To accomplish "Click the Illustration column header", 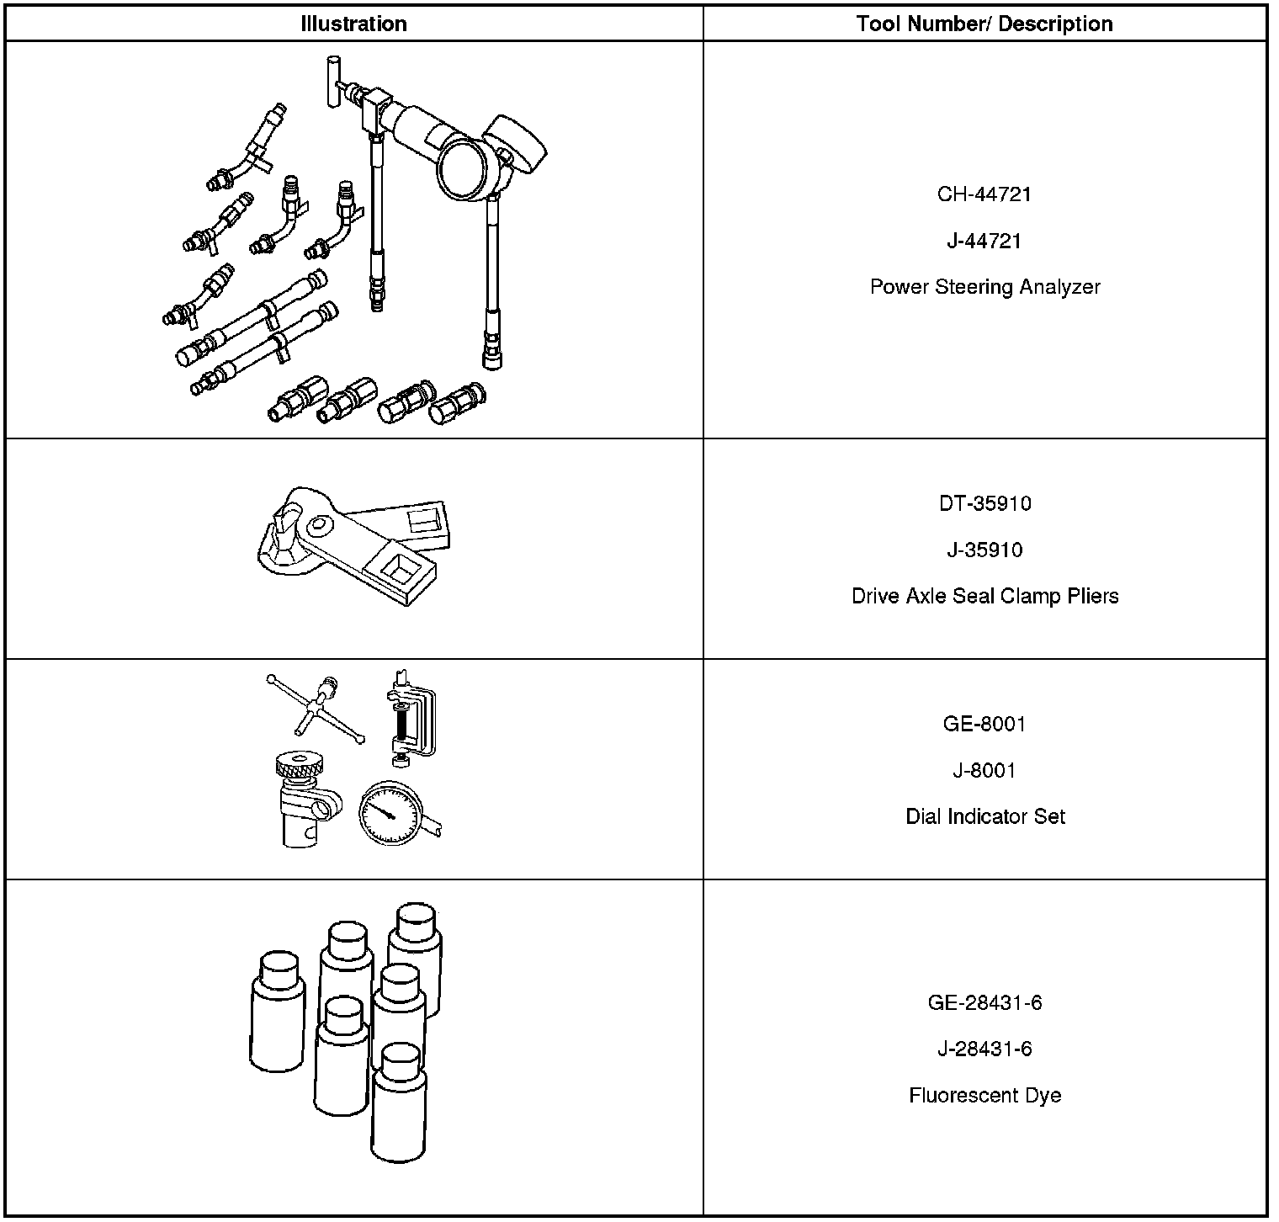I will pyautogui.click(x=353, y=24).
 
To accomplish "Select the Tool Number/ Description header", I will pyautogui.click(x=984, y=24).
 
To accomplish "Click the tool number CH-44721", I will pyautogui.click(x=984, y=194).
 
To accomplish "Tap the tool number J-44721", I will pyautogui.click(x=984, y=241).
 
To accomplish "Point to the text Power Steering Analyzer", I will pyautogui.click(x=984, y=287).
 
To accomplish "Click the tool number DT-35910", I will pyautogui.click(x=984, y=503).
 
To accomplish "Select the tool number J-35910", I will pyautogui.click(x=984, y=550).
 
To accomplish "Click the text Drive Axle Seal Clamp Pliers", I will pyautogui.click(x=984, y=596).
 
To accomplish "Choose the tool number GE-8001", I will pyautogui.click(x=984, y=724).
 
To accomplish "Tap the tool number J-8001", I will pyautogui.click(x=984, y=770).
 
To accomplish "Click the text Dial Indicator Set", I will pyautogui.click(x=984, y=816).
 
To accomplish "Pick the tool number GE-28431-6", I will pyautogui.click(x=984, y=1002).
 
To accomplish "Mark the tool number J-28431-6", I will pyautogui.click(x=984, y=1049).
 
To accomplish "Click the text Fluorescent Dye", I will pyautogui.click(x=984, y=1095).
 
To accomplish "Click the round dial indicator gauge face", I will pyautogui.click(x=389, y=813).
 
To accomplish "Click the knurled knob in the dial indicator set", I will pyautogui.click(x=300, y=767).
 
